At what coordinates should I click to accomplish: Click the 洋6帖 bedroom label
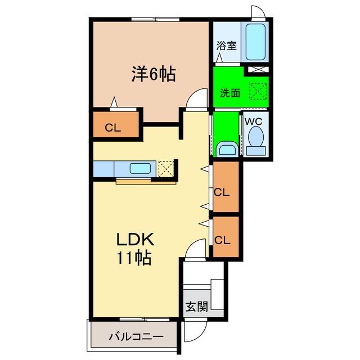[x=154, y=74]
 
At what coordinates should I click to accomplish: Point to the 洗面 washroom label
[x=230, y=93]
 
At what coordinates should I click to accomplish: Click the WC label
[x=254, y=120]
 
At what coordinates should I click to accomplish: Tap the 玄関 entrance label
[x=197, y=307]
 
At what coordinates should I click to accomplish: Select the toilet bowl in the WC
[x=256, y=138]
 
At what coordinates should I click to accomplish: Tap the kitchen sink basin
[x=139, y=168]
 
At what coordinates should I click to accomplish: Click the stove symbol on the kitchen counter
[x=165, y=168]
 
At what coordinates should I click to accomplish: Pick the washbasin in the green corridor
[x=227, y=148]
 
